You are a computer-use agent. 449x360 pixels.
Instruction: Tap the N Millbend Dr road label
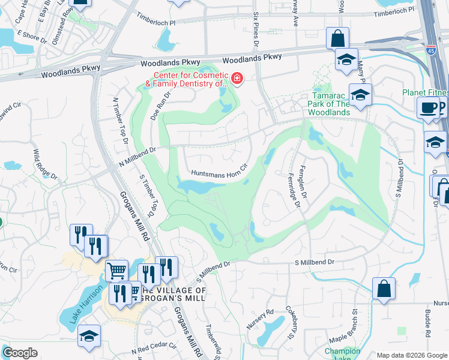pyautogui.click(x=137, y=157)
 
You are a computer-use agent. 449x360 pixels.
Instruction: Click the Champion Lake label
pyautogui.click(x=342, y=355)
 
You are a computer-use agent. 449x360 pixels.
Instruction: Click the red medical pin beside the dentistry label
pyautogui.click(x=237, y=79)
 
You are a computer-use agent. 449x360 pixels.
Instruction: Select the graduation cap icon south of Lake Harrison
pyautogui.click(x=89, y=335)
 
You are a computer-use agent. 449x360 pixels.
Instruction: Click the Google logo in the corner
pyautogui.click(x=20, y=353)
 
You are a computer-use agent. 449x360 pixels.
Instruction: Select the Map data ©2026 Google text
pyautogui.click(x=412, y=355)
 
